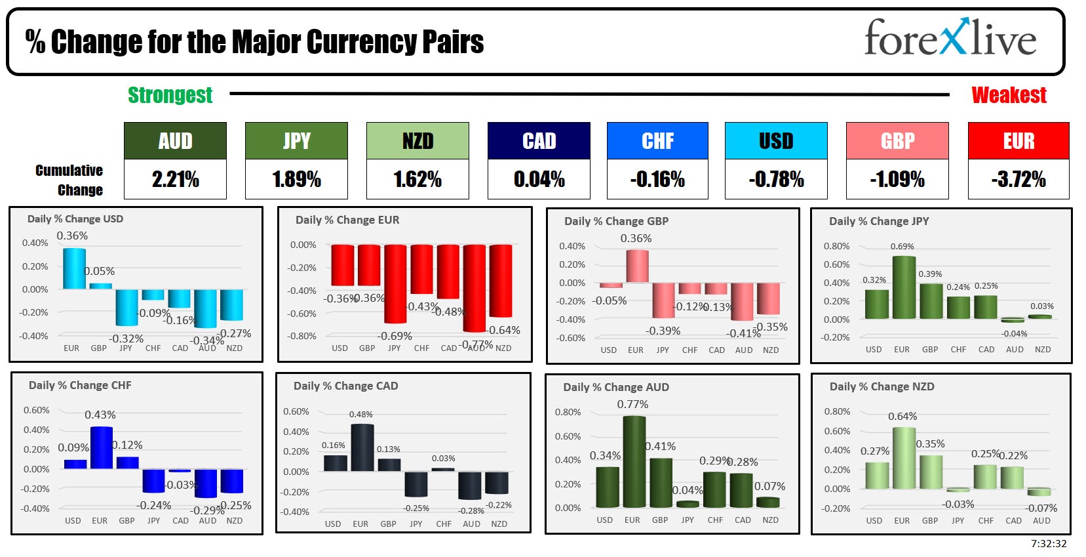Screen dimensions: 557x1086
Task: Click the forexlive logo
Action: [950, 38]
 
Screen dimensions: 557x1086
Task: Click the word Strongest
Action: [170, 95]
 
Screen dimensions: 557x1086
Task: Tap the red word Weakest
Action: [1009, 95]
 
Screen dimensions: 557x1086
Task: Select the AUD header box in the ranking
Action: [175, 140]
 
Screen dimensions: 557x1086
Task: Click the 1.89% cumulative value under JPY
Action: [296, 179]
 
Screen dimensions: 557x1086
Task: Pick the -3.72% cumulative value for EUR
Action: [1018, 179]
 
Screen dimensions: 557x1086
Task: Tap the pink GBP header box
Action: [897, 140]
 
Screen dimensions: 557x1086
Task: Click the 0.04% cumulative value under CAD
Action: [539, 179]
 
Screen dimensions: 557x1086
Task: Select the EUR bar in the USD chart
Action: [74, 268]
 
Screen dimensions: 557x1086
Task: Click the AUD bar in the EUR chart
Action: [474, 288]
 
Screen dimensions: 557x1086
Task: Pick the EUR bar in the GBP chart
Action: [637, 266]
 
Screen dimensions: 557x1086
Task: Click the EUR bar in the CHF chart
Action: [101, 447]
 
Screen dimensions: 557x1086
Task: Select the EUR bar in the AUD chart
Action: [634, 461]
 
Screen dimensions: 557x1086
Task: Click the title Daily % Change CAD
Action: [345, 386]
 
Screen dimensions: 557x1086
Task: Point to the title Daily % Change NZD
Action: [882, 386]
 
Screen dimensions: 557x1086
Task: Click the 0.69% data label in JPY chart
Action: [902, 247]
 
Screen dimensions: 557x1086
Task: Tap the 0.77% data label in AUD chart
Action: [632, 405]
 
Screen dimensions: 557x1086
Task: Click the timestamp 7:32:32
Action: [1049, 544]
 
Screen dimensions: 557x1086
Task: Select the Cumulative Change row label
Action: [69, 180]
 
